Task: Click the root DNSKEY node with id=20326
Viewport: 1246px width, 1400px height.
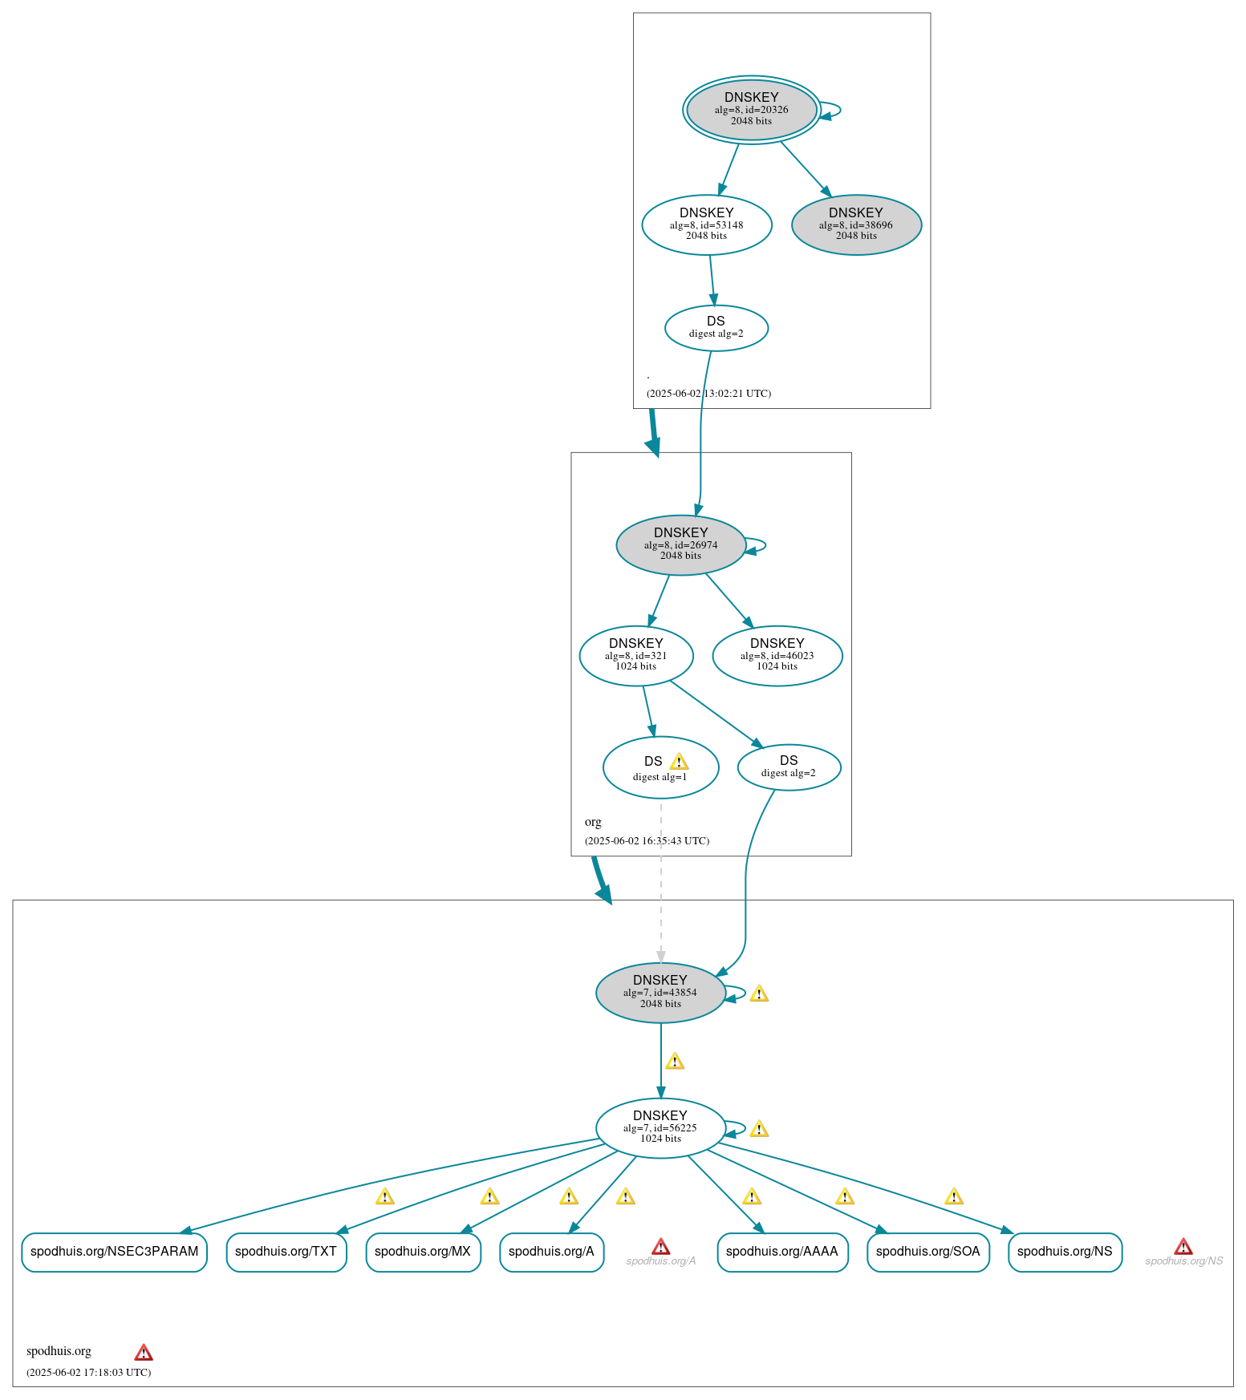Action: [x=751, y=110]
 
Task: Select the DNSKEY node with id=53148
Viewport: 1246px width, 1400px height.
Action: [x=706, y=225]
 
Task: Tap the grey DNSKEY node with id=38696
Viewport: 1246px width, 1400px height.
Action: [x=856, y=225]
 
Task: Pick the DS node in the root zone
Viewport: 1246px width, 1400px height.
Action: [x=716, y=327]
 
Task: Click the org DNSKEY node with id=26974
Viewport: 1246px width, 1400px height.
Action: [x=680, y=545]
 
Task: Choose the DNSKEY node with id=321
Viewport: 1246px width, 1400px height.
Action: [x=635, y=656]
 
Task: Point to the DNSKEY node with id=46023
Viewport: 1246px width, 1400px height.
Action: [x=777, y=656]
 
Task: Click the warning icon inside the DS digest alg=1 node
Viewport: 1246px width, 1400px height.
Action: [x=679, y=762]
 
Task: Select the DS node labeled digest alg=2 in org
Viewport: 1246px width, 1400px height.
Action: [x=789, y=767]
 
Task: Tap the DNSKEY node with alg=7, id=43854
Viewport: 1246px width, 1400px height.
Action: [x=660, y=993]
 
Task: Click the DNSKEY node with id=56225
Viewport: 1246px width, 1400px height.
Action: [x=660, y=1128]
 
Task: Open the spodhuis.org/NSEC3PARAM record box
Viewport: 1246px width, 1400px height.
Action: [x=114, y=1252]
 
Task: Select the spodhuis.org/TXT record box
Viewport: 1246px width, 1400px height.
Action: [x=286, y=1252]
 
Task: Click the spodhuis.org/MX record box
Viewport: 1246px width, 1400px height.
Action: [x=423, y=1252]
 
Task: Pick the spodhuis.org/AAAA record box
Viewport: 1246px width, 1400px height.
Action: [x=782, y=1252]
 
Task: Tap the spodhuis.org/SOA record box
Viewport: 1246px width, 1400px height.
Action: [x=928, y=1252]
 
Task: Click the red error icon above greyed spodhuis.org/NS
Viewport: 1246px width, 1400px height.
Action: [x=1183, y=1247]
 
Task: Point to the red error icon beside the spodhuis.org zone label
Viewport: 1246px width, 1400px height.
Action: [x=144, y=1353]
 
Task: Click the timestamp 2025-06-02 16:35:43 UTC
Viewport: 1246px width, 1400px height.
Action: [x=647, y=841]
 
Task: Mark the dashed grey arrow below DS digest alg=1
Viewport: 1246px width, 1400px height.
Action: [x=661, y=882]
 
